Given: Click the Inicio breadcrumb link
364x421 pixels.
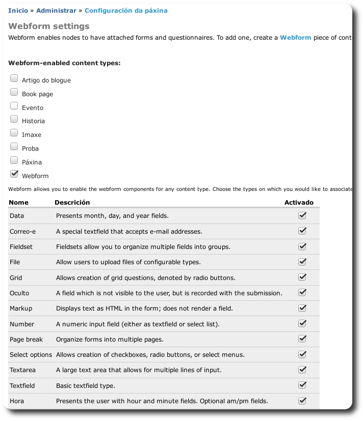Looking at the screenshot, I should point(18,10).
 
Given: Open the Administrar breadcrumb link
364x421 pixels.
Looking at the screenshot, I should point(56,10).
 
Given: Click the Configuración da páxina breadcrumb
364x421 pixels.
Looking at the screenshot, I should point(126,10).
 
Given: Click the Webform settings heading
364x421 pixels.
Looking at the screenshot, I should point(49,26).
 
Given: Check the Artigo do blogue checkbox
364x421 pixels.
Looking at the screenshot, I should point(14,79).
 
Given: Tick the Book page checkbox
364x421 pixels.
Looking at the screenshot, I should point(14,93).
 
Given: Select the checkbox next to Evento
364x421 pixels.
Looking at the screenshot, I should point(14,106).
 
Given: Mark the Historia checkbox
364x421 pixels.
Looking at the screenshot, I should point(14,120).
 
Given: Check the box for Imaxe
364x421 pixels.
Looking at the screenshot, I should point(14,133).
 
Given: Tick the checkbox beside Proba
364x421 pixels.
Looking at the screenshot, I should point(14,147).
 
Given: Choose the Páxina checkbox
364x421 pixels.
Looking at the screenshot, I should point(14,161).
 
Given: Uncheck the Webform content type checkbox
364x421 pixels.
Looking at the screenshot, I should point(14,175).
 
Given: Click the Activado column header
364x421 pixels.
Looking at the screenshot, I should point(299,202).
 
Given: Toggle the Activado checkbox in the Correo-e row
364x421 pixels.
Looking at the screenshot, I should point(302,231).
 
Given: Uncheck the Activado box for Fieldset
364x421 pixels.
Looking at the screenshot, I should point(302,246).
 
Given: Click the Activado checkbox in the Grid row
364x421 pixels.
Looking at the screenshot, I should point(302,277).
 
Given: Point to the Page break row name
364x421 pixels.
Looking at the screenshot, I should point(26,339).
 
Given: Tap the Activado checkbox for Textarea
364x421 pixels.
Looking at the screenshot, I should point(302,370).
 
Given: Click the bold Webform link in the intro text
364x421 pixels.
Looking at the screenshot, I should point(295,38).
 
